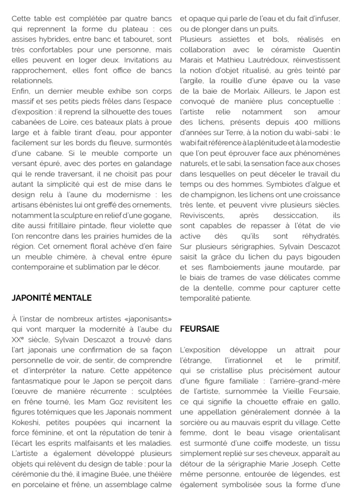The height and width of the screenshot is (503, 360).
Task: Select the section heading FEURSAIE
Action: point(199,329)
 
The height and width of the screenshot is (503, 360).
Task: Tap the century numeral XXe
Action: point(18,339)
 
